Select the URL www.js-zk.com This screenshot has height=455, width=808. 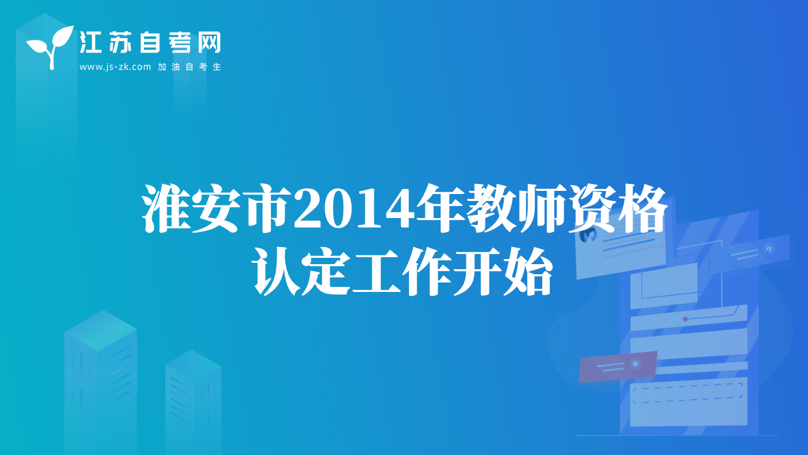(x=115, y=67)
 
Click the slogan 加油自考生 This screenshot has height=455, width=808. (x=189, y=67)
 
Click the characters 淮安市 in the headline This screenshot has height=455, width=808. (x=217, y=209)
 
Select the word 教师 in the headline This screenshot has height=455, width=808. (x=516, y=209)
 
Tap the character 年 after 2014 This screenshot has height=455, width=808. (x=441, y=209)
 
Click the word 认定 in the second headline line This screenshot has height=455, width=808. (x=302, y=272)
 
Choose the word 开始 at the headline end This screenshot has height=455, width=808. (x=502, y=272)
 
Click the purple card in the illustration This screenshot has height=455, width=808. (x=617, y=367)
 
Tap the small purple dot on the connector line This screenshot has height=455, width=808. (x=686, y=319)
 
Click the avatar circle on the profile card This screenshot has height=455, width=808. (x=588, y=235)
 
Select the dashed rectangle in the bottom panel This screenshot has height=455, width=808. (x=687, y=393)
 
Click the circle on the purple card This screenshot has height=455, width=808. (x=635, y=364)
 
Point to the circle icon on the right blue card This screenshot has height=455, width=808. (x=769, y=249)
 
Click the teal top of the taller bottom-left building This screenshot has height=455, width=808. (x=100, y=330)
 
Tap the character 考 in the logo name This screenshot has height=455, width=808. (x=179, y=42)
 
